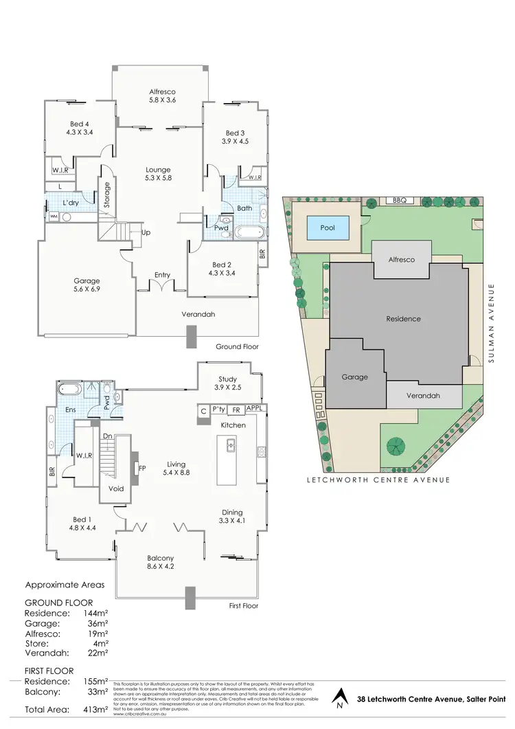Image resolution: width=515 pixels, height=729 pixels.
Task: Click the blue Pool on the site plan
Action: tap(328, 227)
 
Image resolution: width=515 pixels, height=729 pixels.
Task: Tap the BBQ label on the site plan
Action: tap(400, 201)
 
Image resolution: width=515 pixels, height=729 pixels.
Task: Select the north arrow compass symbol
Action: tap(339, 700)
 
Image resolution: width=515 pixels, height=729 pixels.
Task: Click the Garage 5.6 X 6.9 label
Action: tap(87, 285)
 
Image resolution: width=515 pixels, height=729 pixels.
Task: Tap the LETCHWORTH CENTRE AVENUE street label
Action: tap(378, 480)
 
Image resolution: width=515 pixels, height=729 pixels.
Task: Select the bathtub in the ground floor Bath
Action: tap(246, 232)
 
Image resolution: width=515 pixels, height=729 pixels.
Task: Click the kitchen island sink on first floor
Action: tap(231, 447)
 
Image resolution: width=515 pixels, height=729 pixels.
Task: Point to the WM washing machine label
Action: tap(54, 216)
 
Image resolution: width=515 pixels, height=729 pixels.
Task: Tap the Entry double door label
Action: tap(162, 276)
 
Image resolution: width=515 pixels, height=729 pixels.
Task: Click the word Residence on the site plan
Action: tap(403, 319)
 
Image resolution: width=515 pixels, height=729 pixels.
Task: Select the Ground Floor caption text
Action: tap(237, 347)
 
